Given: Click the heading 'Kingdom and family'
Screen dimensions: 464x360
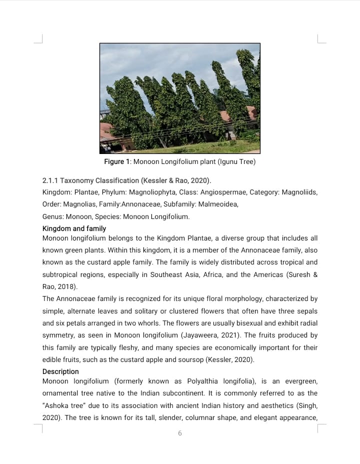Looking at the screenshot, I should pos(74,228).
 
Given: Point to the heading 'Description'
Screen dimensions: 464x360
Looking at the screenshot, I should pos(60,371).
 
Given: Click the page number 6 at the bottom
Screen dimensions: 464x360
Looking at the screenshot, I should pos(180,433).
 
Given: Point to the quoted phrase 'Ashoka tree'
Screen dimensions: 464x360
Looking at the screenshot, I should pos(63,405).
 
